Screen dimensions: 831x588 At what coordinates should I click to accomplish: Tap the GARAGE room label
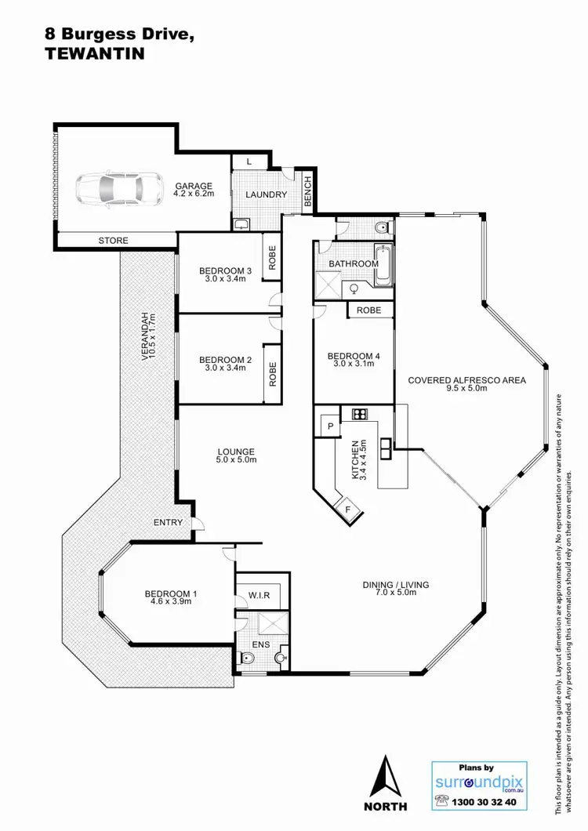[193, 186]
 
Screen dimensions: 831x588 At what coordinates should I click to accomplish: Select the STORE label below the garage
[114, 241]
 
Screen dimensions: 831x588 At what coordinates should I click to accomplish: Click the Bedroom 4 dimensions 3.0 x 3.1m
[354, 365]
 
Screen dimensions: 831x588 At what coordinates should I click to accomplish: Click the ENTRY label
[169, 522]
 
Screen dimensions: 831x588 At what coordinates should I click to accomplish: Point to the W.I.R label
[260, 595]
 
